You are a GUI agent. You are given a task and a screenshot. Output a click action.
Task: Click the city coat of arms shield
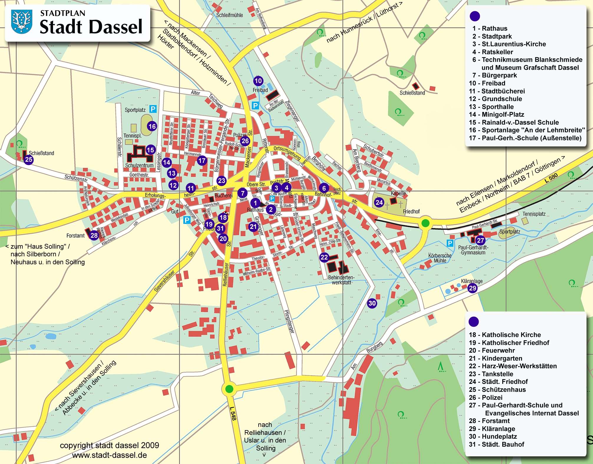pos(22,21)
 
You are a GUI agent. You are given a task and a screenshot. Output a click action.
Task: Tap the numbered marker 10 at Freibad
pos(258,81)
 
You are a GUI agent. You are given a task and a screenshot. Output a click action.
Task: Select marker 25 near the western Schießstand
pos(29,160)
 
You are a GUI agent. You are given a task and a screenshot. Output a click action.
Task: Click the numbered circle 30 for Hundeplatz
pos(372,303)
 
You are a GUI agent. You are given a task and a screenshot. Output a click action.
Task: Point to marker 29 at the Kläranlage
pos(472,288)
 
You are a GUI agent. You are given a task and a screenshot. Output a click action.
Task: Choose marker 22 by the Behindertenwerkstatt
pos(324,257)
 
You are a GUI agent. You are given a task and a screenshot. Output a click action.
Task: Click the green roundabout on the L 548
pos(229,389)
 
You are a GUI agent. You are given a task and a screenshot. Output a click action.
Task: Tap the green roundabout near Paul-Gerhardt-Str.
pos(425,223)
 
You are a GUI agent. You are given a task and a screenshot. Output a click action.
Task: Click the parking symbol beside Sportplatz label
pos(153,109)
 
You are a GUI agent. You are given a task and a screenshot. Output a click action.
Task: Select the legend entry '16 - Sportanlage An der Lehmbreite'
pos(527,130)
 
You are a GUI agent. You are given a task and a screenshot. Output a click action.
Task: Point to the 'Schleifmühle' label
pos(229,15)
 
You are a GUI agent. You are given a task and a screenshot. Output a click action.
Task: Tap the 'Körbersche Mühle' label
pos(440,258)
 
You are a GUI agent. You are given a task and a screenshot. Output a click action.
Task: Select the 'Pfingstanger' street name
pos(289,321)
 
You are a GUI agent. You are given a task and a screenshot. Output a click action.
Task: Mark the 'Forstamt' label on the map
pos(75,236)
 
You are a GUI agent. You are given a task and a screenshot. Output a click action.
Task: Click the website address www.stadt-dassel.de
pos(109,455)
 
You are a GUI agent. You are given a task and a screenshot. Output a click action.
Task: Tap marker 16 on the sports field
pos(152,126)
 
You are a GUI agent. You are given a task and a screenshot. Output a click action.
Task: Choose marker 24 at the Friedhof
pos(379,202)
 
